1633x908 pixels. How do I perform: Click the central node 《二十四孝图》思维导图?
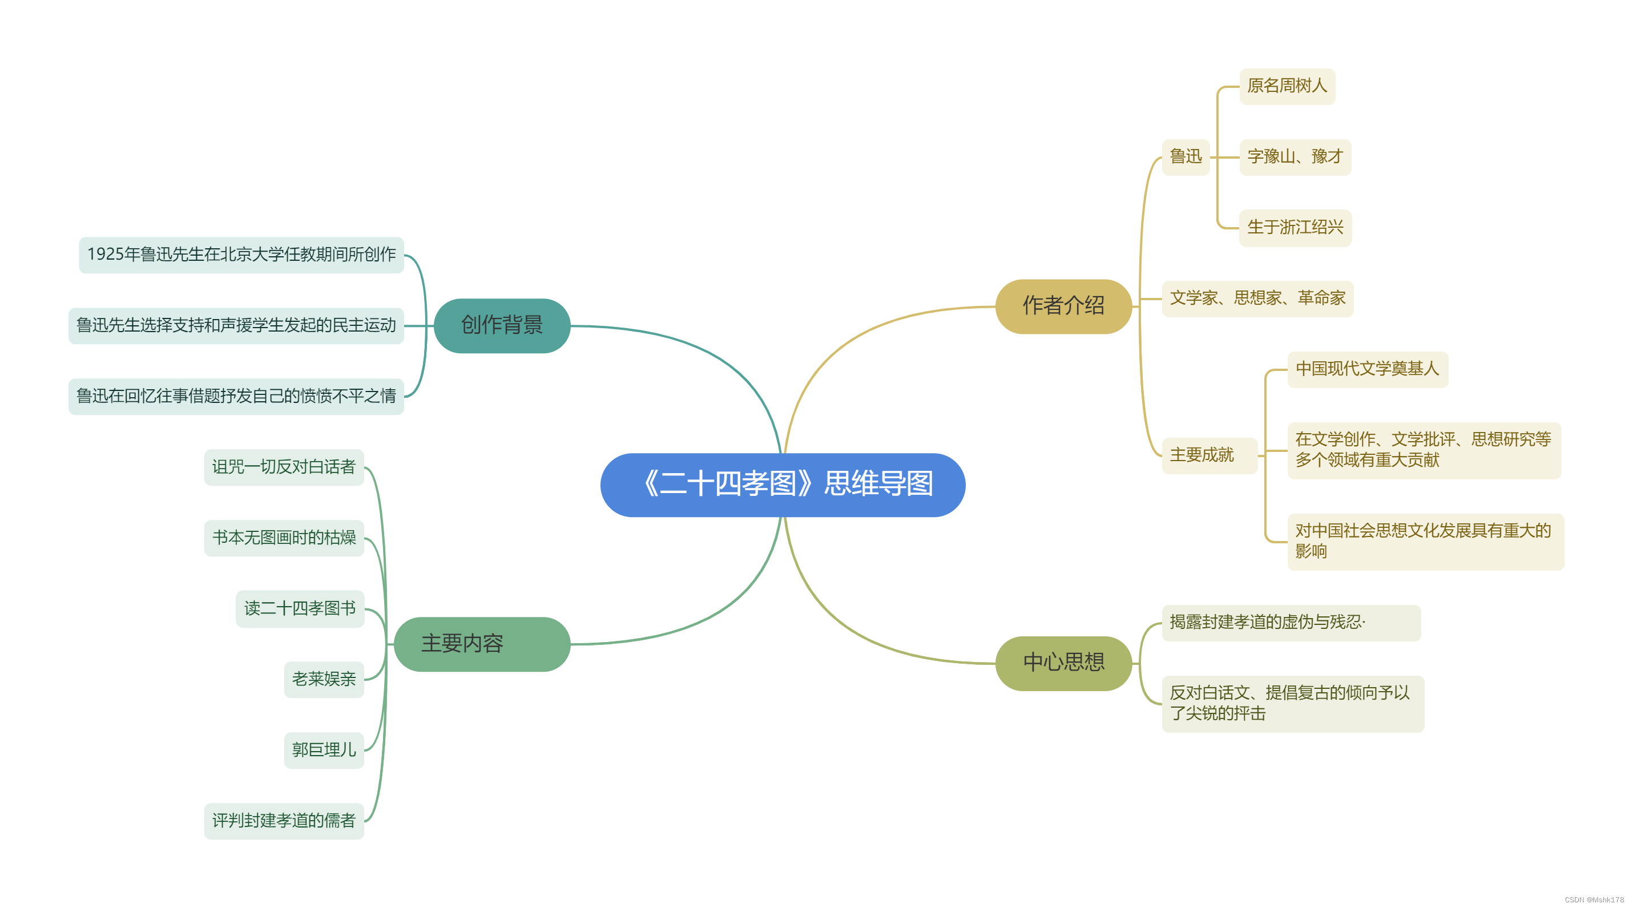point(783,485)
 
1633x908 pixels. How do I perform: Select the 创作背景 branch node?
point(502,326)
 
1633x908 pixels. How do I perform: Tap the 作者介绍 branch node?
point(1063,306)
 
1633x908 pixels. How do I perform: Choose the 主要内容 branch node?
point(482,644)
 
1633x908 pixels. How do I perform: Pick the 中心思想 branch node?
point(1063,663)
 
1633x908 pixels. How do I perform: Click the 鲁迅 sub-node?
point(1186,156)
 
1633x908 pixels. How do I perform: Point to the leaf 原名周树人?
point(1287,86)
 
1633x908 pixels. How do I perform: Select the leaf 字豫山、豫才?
point(1295,156)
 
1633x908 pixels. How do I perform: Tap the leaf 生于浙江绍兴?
point(1295,228)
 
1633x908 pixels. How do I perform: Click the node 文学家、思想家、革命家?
point(1257,298)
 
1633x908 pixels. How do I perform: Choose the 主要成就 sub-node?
point(1208,455)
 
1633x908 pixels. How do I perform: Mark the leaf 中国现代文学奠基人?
point(1368,369)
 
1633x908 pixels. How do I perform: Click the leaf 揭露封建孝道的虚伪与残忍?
point(1290,622)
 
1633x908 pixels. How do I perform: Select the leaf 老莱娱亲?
point(324,679)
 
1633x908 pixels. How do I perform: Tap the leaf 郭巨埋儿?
point(324,750)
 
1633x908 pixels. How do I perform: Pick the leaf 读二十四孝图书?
point(300,609)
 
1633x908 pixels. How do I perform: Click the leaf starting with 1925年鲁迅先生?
point(241,255)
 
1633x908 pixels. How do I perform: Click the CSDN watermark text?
point(1594,900)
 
